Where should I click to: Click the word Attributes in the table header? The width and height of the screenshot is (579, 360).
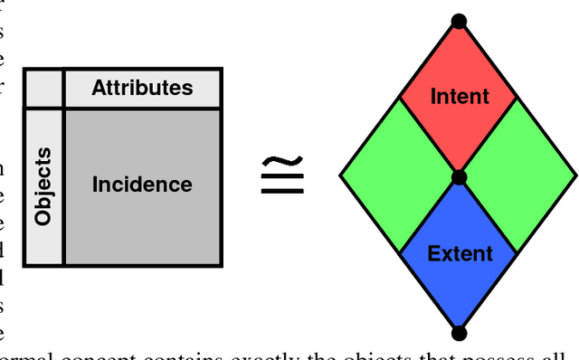[x=142, y=88]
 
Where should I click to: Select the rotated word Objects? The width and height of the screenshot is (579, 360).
[x=43, y=187]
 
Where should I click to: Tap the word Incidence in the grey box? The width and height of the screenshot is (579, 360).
[x=142, y=185]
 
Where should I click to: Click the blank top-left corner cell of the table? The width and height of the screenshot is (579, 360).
[x=43, y=89]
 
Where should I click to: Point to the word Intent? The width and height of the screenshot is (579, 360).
[x=459, y=95]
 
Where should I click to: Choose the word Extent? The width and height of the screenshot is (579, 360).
[x=459, y=252]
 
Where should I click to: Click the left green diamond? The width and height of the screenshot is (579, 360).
[x=399, y=175]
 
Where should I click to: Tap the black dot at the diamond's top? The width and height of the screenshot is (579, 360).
[x=459, y=20]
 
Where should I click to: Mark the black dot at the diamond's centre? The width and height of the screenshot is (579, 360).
[x=459, y=177]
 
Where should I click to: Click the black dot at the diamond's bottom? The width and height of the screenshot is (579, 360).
[x=459, y=334]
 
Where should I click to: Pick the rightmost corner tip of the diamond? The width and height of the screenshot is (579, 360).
[x=575, y=175]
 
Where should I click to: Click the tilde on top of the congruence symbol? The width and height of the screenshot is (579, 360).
[x=281, y=161]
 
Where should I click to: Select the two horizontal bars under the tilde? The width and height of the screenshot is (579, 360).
[x=281, y=185]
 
